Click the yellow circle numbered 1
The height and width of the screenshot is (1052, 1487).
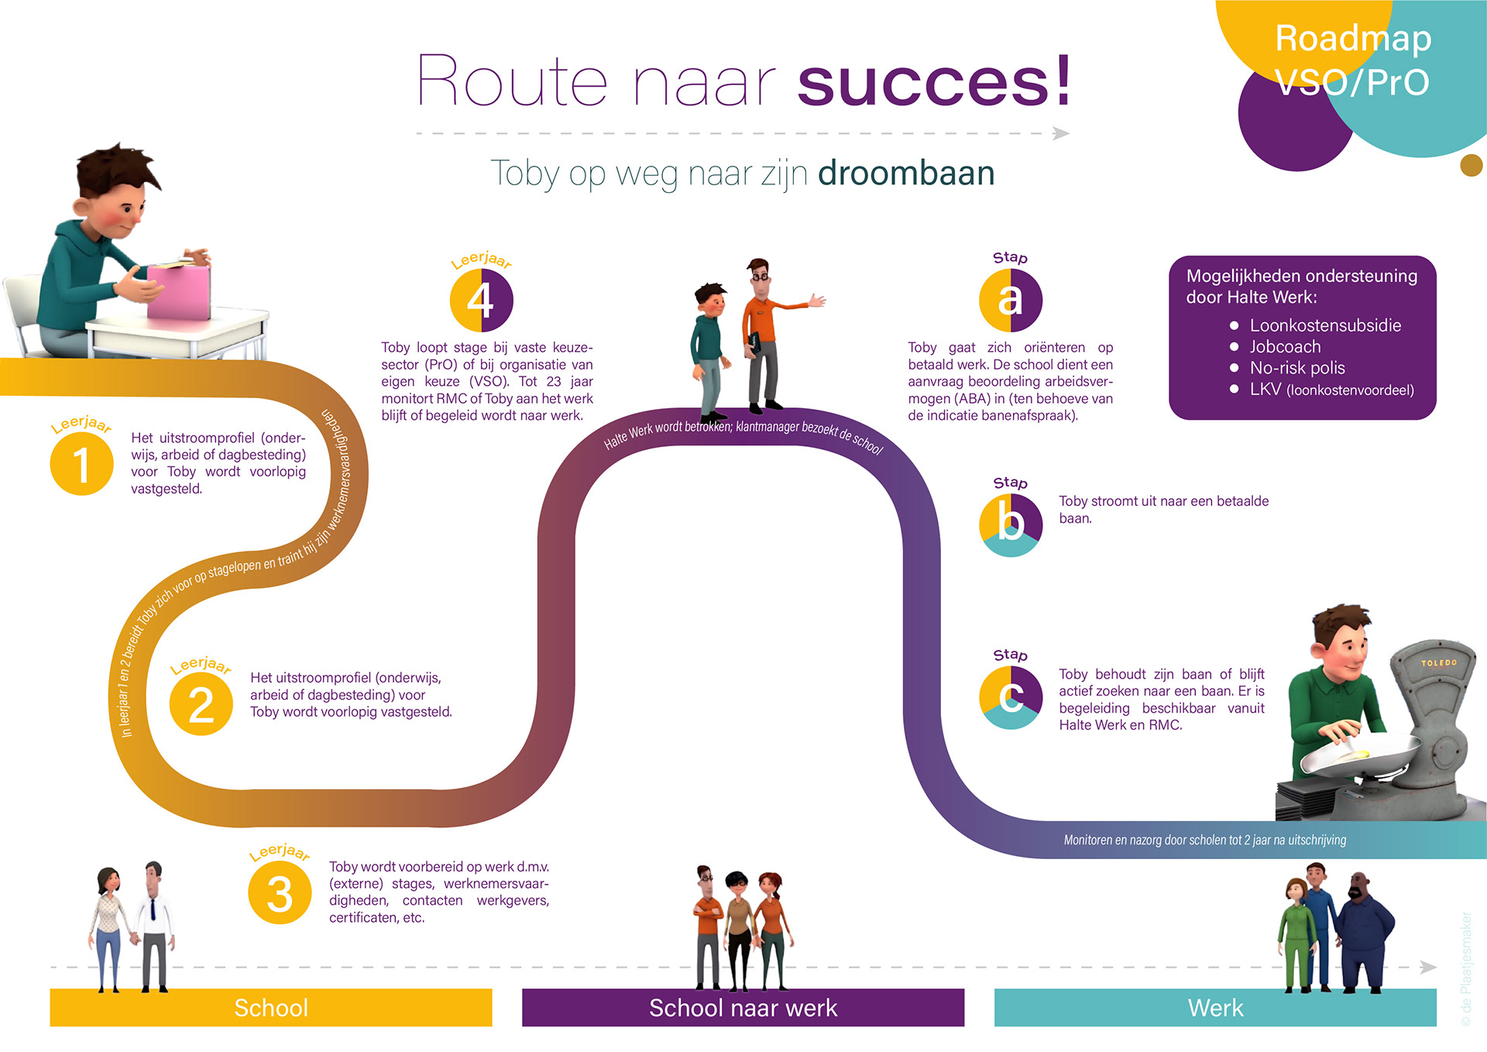pyautogui.click(x=81, y=464)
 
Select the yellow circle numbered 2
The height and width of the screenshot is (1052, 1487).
pyautogui.click(x=201, y=704)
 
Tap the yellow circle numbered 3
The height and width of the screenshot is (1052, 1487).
pyautogui.click(x=280, y=893)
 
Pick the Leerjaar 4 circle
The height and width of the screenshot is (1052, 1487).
pyautogui.click(x=481, y=300)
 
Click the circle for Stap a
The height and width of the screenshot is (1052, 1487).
pyautogui.click(x=1010, y=300)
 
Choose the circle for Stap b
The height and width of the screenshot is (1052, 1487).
pyautogui.click(x=1010, y=525)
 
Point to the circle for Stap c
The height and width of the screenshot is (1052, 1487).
pyautogui.click(x=1010, y=697)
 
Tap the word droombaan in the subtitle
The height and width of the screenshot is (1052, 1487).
pyautogui.click(x=906, y=173)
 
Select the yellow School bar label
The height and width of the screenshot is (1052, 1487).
pyautogui.click(x=271, y=1008)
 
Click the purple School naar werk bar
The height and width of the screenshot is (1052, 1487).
pyautogui.click(x=743, y=1008)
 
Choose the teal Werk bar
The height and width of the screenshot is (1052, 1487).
pyautogui.click(x=1215, y=1008)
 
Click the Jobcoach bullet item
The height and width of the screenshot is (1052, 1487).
pyautogui.click(x=1285, y=347)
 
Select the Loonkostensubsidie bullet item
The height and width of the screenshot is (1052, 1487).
pyautogui.click(x=1324, y=325)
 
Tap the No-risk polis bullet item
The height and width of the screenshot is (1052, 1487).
pyautogui.click(x=1296, y=368)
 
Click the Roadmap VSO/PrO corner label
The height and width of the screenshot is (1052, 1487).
pyautogui.click(x=1352, y=60)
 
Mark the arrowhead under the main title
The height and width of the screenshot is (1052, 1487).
pyautogui.click(x=1061, y=133)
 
